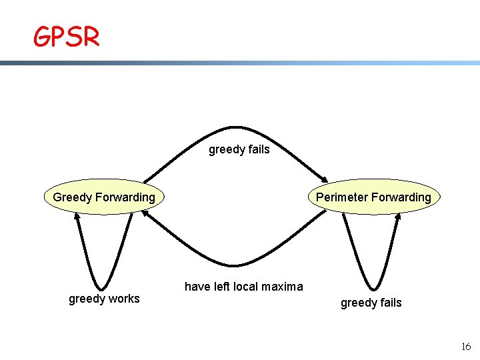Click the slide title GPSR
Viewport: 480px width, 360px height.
pyautogui.click(x=67, y=37)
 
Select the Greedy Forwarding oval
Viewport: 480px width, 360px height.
pyautogui.click(x=103, y=197)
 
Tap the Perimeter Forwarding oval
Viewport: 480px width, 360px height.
pyautogui.click(x=373, y=197)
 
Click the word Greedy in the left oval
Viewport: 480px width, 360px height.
pyautogui.click(x=73, y=197)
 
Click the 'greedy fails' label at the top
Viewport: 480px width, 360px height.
pyautogui.click(x=239, y=149)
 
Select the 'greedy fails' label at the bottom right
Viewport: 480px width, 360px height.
pyautogui.click(x=371, y=303)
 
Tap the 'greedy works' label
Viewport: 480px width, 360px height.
pyautogui.click(x=105, y=299)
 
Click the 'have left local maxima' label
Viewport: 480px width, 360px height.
pyautogui.click(x=243, y=287)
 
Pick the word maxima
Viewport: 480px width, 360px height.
pyautogui.click(x=283, y=287)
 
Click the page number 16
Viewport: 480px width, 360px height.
pyautogui.click(x=465, y=346)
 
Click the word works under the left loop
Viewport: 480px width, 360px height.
pyautogui.click(x=123, y=299)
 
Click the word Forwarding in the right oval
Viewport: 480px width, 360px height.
pyautogui.click(x=401, y=197)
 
